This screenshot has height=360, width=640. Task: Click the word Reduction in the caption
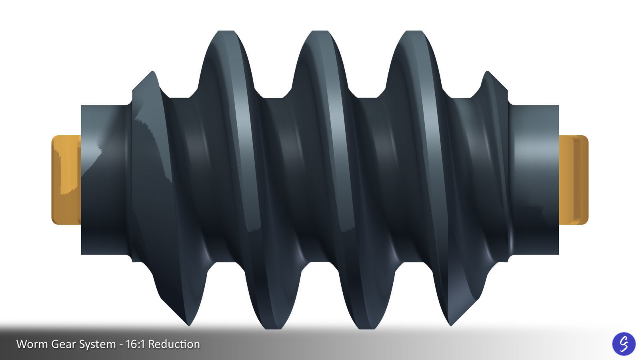[174, 344]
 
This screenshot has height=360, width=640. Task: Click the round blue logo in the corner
[624, 344]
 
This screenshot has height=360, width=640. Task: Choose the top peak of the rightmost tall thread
[414, 32]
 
